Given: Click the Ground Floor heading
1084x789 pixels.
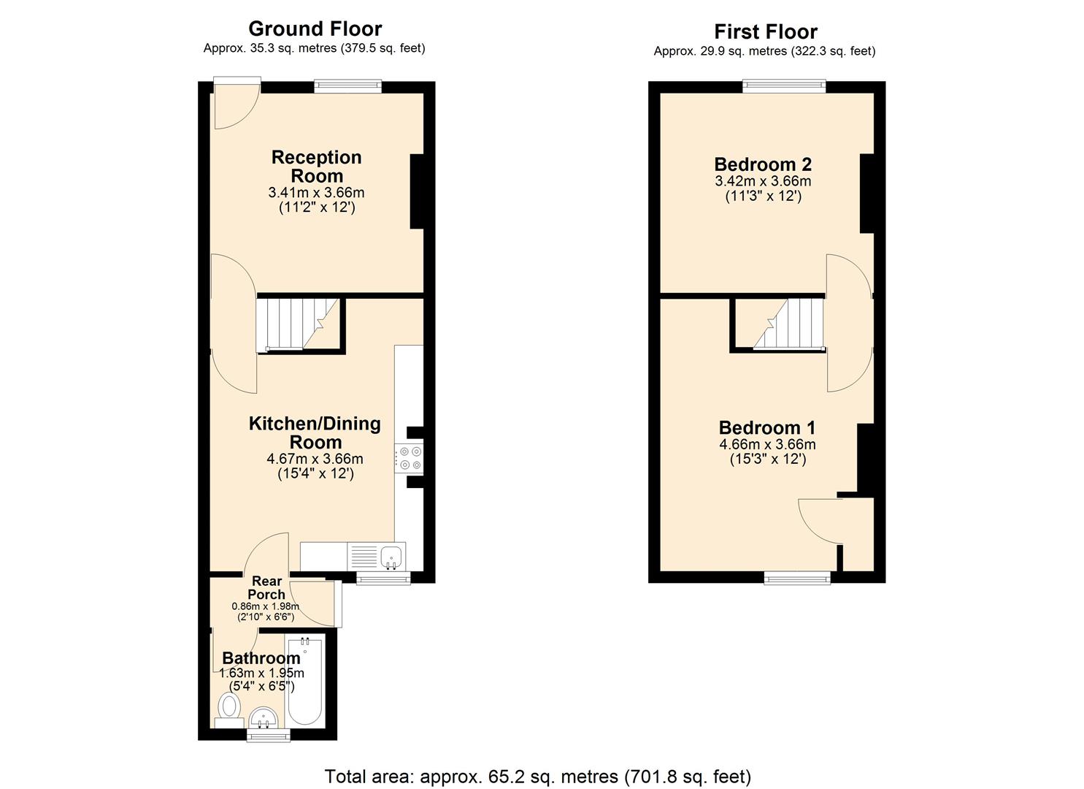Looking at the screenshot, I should [x=315, y=28].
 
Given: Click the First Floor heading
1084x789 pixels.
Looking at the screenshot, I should [x=765, y=31].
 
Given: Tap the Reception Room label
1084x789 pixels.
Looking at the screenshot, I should [x=316, y=167].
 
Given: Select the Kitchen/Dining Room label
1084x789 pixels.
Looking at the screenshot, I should [x=315, y=432].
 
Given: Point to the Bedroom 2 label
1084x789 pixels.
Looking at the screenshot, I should [x=763, y=164].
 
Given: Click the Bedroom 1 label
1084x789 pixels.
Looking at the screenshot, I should [x=767, y=428].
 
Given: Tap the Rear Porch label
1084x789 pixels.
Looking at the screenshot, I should [x=266, y=587].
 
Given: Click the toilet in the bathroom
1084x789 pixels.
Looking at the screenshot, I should [x=230, y=707].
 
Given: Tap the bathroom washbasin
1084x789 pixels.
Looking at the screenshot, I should [x=263, y=717].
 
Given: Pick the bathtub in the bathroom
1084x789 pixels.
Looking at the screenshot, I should [x=303, y=681].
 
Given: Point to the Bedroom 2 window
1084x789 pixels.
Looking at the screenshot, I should [x=784, y=86].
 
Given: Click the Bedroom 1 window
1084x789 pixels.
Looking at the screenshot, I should [x=797, y=578].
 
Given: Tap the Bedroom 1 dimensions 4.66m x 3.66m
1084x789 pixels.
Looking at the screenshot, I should [x=767, y=444].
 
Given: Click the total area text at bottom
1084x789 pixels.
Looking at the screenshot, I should [x=537, y=776].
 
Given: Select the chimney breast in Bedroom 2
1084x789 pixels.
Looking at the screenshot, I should [x=866, y=194].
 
